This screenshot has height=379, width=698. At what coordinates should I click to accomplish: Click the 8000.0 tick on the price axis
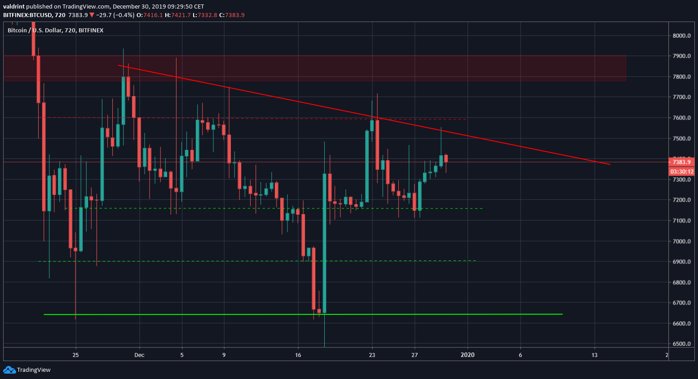(x=681, y=35)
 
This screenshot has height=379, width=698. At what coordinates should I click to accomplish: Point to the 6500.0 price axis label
(x=681, y=344)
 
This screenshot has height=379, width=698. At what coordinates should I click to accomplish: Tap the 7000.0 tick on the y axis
(x=681, y=241)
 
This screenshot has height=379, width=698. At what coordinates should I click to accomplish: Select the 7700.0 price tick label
(x=681, y=97)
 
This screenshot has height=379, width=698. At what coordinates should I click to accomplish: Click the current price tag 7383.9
(x=681, y=162)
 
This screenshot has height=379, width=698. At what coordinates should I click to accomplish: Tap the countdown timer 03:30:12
(x=681, y=172)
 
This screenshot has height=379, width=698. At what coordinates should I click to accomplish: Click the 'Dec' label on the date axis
(x=139, y=355)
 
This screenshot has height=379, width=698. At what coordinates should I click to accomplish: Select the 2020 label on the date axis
(x=468, y=355)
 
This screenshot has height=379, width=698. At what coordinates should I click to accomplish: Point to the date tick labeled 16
(x=298, y=355)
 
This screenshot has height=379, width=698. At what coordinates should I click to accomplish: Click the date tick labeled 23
(x=372, y=355)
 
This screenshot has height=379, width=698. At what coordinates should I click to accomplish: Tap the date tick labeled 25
(x=75, y=355)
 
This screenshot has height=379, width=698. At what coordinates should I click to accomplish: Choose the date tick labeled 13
(x=595, y=355)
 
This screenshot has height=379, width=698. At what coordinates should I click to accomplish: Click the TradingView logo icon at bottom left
(x=9, y=370)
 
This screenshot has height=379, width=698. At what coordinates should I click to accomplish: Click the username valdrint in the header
(x=14, y=6)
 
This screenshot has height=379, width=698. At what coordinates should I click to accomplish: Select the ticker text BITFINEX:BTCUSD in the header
(x=27, y=15)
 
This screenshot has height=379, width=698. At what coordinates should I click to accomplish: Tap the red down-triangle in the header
(x=92, y=15)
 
